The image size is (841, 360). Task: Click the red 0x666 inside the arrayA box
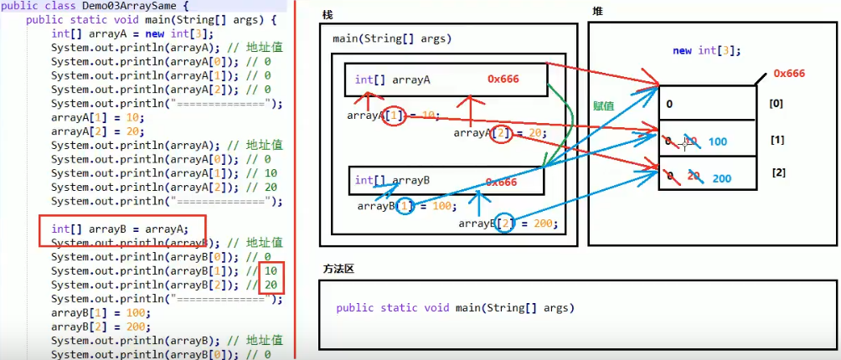[503, 79]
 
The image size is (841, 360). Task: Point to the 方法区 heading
[339, 269]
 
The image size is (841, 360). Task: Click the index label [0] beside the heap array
[777, 105]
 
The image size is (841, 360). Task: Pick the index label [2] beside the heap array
[779, 172]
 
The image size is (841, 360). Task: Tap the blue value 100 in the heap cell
[718, 142]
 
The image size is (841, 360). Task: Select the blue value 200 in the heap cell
[721, 178]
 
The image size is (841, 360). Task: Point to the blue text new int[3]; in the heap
[706, 51]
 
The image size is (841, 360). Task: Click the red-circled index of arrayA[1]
[395, 116]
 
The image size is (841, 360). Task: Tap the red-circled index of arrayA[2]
[501, 132]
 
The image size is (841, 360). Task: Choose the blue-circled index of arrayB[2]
[506, 224]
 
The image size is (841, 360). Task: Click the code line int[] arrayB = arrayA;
[120, 228]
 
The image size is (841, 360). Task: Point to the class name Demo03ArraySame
[127, 5]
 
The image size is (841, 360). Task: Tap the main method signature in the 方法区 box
[456, 307]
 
